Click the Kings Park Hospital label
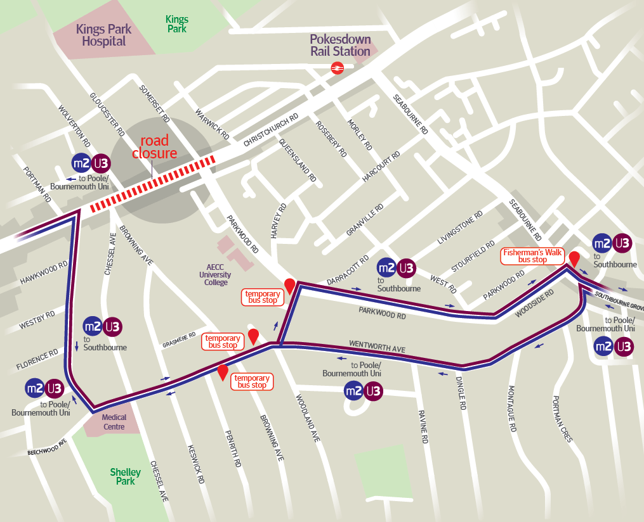[x=104, y=35]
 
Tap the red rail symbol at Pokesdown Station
[x=337, y=68]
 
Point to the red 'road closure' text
[x=154, y=147]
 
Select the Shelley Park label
[x=126, y=476]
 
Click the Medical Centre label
[x=114, y=422]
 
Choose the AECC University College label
[x=215, y=275]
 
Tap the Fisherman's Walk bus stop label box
[x=533, y=256]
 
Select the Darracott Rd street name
[x=348, y=271]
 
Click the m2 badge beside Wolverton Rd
[x=81, y=163]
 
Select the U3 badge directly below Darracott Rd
[x=406, y=268]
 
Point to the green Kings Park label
[x=177, y=24]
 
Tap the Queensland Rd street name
[x=298, y=162]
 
